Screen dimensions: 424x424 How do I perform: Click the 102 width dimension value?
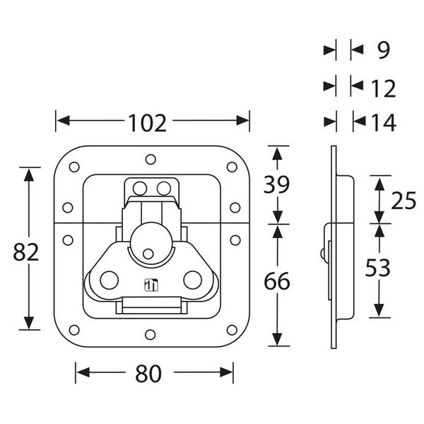point(148,122)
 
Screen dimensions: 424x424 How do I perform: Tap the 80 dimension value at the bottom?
point(148,374)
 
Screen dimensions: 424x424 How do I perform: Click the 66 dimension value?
point(277,281)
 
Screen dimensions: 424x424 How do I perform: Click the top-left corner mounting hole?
point(73,167)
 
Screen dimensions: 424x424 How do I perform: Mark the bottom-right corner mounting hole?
point(232,329)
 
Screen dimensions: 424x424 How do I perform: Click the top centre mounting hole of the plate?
point(150,160)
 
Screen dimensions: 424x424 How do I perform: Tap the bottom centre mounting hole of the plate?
point(150,334)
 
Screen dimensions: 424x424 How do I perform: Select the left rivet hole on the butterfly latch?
point(108,280)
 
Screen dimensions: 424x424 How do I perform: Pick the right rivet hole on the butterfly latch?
point(192,280)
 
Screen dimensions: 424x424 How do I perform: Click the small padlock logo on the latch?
point(150,285)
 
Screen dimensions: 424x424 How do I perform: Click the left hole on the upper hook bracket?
point(140,188)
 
